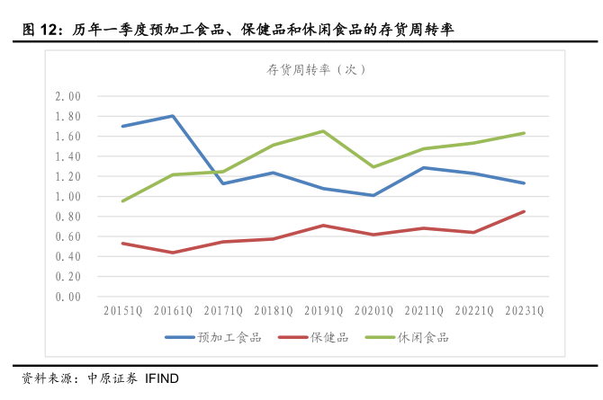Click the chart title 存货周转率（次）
(x=316, y=69)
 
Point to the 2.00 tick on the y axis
(x=67, y=96)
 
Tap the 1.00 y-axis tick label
(x=67, y=196)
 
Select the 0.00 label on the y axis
(x=67, y=297)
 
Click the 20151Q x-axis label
(x=122, y=312)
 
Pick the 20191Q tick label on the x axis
(x=323, y=312)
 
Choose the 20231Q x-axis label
(x=524, y=312)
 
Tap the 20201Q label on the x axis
(x=373, y=312)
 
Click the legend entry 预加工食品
(x=229, y=337)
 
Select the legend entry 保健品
(x=329, y=337)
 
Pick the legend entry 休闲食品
(x=417, y=337)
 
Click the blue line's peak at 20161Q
(x=172, y=116)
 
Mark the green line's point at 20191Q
(x=323, y=131)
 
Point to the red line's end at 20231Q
(x=524, y=211)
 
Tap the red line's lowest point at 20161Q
(x=172, y=253)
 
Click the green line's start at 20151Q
(x=122, y=201)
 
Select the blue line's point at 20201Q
(x=373, y=195)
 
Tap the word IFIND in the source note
(x=162, y=378)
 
